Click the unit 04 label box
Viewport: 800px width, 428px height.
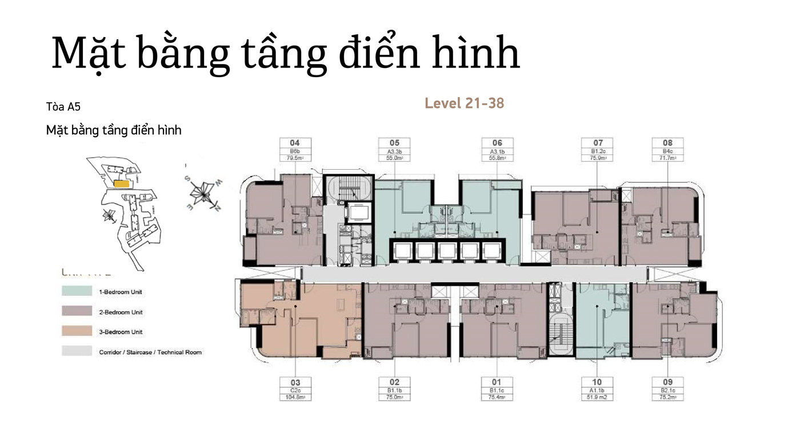click(x=295, y=150)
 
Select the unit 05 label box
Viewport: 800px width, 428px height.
click(x=394, y=150)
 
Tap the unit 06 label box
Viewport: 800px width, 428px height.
click(x=497, y=150)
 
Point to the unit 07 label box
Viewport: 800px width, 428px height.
click(x=598, y=150)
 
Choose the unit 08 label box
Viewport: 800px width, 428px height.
click(x=667, y=150)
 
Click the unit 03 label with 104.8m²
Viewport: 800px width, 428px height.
click(x=295, y=390)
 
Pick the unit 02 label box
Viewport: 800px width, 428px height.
click(x=394, y=390)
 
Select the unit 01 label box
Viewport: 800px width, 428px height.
click(x=496, y=390)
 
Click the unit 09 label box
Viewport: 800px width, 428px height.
click(x=667, y=390)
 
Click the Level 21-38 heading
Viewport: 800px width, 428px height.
click(x=464, y=103)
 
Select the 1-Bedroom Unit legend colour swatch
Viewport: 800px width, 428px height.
click(x=77, y=291)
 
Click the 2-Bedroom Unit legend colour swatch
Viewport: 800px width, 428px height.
click(x=77, y=311)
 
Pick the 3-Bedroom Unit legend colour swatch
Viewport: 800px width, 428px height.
click(x=77, y=331)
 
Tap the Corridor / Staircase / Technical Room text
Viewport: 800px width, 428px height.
click(x=150, y=352)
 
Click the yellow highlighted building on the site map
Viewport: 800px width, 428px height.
click(x=121, y=184)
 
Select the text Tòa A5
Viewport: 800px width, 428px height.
click(x=59, y=107)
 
